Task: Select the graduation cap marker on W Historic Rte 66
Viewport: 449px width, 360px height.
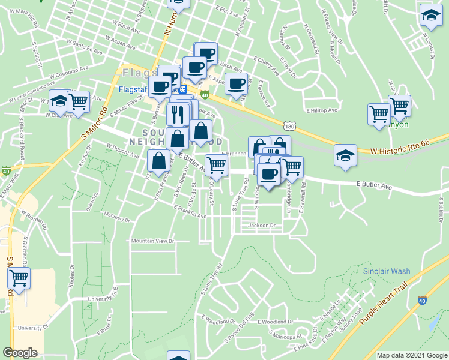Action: coord(345,154)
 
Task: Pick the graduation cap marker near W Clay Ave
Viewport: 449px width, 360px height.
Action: coord(59,100)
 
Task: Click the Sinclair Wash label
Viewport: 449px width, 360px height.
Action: coord(386,271)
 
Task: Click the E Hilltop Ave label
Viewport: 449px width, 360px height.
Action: coord(322,110)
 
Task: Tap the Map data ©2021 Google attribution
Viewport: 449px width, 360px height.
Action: coord(412,355)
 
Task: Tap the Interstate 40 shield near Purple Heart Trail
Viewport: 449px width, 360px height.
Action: coord(424,299)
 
